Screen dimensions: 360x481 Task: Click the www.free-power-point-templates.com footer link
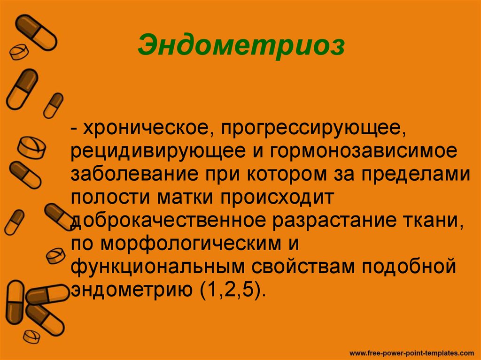[412, 352]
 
